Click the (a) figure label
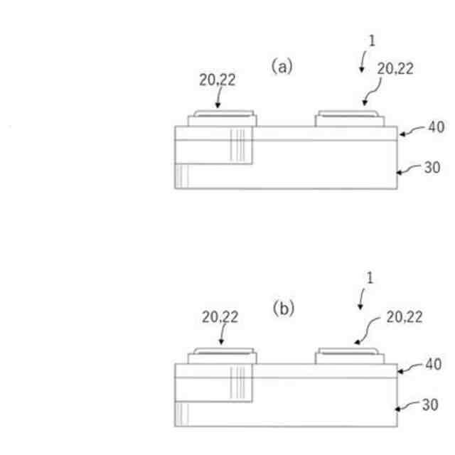[x=282, y=67]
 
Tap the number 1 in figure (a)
[x=371, y=41]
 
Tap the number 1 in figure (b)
[x=370, y=279]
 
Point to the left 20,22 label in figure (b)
[x=220, y=318]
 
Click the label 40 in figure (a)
[x=434, y=127]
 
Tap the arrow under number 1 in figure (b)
[x=360, y=302]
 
